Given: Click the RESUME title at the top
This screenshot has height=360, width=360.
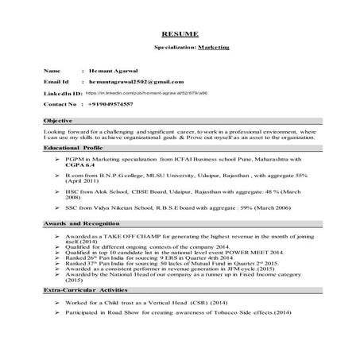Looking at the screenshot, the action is coord(180,34).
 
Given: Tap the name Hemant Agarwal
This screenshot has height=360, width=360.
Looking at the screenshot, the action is coord(120,71).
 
